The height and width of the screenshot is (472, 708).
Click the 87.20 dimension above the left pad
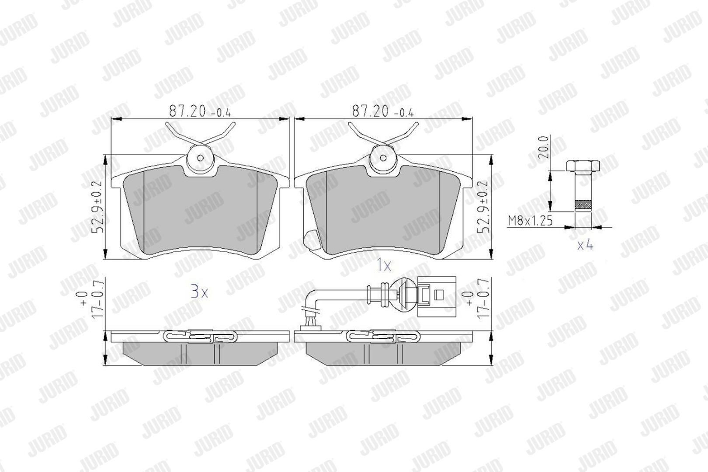pyautogui.click(x=200, y=111)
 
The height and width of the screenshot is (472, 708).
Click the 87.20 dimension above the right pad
pyautogui.click(x=383, y=111)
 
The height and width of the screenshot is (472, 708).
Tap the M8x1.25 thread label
pyautogui.click(x=531, y=221)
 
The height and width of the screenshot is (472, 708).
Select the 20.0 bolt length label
pyautogui.click(x=543, y=147)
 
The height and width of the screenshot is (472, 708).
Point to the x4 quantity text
pyautogui.click(x=585, y=245)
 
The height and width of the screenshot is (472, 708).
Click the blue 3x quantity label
pyautogui.click(x=199, y=292)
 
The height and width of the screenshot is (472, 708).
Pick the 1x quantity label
pyautogui.click(x=384, y=266)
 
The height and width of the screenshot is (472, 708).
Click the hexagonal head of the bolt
pyautogui.click(x=583, y=166)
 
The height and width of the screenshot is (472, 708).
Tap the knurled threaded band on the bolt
pyautogui.click(x=583, y=205)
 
